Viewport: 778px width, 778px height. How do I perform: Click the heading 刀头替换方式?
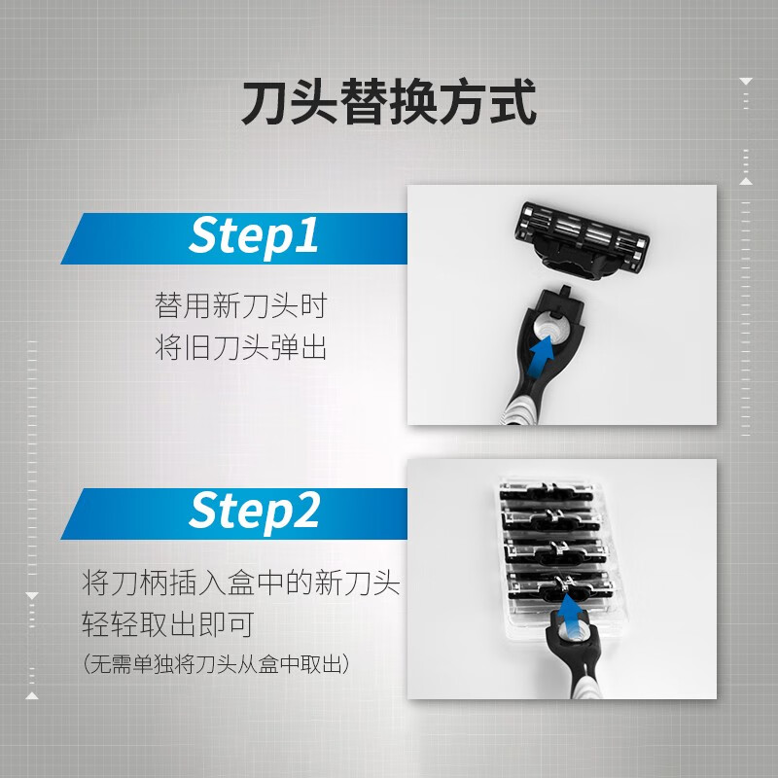coord(389,104)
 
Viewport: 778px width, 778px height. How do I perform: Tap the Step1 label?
coord(254,236)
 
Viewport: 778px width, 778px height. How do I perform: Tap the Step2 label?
coord(254,512)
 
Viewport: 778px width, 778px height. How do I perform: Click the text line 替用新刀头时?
coord(240,306)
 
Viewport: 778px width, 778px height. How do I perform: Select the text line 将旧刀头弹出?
coord(240,347)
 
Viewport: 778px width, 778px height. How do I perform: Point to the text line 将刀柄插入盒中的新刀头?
coord(241,584)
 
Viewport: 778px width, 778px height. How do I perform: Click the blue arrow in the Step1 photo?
coord(538,361)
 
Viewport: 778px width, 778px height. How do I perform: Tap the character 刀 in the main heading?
coord(265,104)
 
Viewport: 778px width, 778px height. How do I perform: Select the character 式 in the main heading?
coord(513,104)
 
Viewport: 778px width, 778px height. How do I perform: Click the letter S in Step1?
coord(204,236)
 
